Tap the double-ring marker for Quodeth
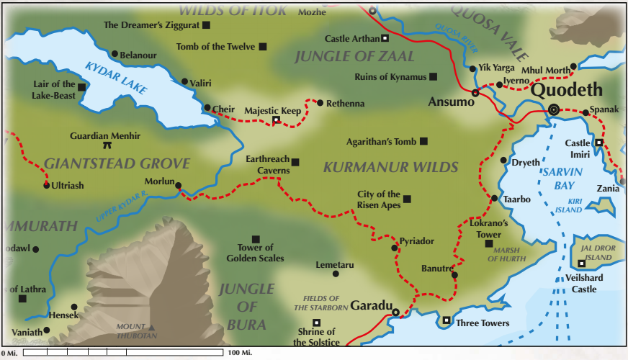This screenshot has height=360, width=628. coord(553,109)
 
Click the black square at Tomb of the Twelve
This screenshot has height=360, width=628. coord(263,47)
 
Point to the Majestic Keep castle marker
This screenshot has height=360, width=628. coord(275,120)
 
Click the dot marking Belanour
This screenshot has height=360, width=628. coord(115,53)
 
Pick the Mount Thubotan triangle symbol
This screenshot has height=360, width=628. coord(152,328)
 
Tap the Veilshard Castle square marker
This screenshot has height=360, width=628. coord(581,263)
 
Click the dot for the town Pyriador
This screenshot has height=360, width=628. coord(395,248)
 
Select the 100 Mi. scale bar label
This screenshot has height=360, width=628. coord(239,353)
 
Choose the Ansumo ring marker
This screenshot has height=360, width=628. coord(475,93)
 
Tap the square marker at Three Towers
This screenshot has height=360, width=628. coord(447,320)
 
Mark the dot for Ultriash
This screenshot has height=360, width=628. coord(47,185)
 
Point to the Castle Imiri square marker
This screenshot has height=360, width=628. coord(598,143)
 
